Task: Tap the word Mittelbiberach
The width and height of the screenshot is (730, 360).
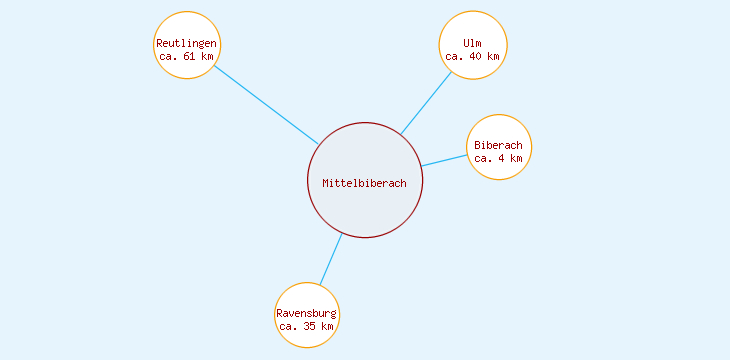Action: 365,183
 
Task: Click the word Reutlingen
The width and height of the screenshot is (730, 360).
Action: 187,43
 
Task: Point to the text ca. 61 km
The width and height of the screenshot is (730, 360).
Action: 187,57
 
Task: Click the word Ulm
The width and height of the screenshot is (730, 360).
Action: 472,43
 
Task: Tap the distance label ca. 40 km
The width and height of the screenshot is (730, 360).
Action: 472,57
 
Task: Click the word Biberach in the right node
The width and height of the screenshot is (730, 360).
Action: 498,145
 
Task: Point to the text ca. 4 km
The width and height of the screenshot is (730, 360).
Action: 498,158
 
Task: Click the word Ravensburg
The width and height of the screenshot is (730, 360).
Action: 307,314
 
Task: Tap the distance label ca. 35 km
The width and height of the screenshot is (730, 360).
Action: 307,327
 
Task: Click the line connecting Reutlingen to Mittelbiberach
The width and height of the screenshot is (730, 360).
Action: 266,105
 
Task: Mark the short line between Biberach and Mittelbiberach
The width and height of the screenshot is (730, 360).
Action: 444,160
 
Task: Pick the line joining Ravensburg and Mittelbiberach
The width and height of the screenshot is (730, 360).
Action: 331,259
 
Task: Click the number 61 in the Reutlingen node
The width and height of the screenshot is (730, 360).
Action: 191,57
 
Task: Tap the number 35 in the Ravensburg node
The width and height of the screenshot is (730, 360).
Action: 311,327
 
